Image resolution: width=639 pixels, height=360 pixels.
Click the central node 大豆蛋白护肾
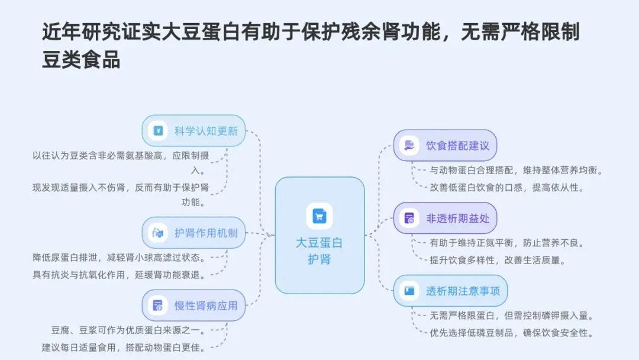(319, 236)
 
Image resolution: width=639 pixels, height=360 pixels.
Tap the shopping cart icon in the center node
(319, 216)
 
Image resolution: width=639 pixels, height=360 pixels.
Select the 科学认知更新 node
(194, 130)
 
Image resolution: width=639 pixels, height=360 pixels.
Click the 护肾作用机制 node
(194, 233)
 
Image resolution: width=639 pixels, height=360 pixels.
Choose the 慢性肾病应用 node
(194, 306)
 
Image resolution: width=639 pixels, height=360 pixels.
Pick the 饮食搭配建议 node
(445, 145)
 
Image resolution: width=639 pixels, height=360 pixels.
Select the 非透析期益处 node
(445, 218)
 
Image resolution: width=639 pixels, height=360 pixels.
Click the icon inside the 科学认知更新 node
(158, 130)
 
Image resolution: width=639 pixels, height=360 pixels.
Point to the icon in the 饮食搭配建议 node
(409, 145)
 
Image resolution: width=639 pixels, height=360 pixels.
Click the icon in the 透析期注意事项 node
(409, 291)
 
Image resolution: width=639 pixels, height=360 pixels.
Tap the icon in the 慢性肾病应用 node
(158, 306)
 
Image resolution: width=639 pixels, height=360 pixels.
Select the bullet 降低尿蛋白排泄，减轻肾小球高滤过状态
(119, 258)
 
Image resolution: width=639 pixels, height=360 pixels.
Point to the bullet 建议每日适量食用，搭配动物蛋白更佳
(124, 347)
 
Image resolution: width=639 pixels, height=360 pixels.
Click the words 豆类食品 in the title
(81, 59)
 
